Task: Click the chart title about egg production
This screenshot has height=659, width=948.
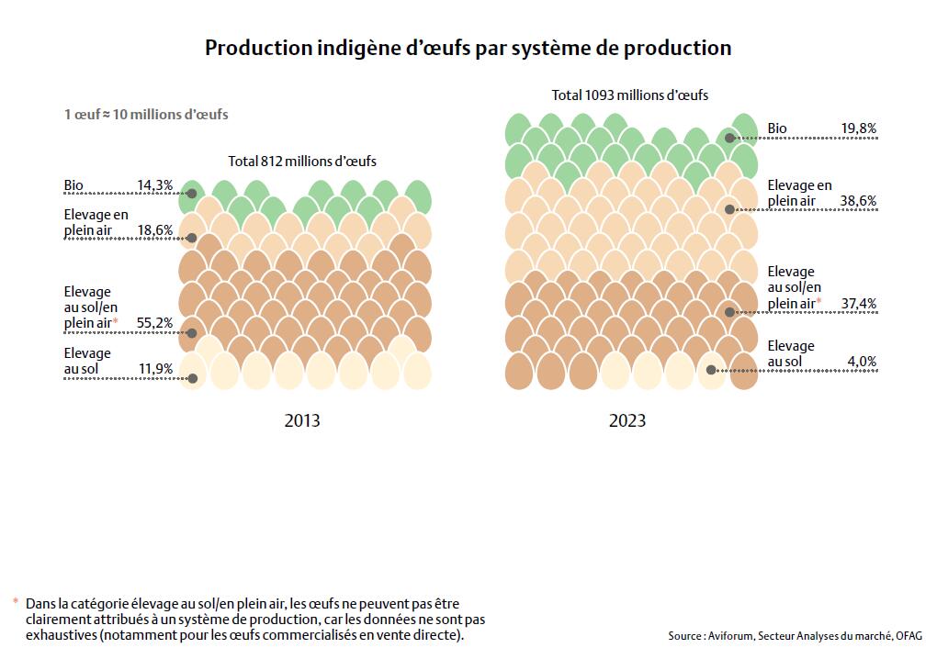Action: point(468,48)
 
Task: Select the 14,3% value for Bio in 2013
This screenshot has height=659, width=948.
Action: point(154,185)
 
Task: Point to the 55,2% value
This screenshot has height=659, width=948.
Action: point(154,323)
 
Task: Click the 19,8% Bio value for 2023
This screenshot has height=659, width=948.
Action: point(858,128)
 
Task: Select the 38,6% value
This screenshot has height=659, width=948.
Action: point(858,200)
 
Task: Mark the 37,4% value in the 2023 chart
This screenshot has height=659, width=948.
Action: point(858,303)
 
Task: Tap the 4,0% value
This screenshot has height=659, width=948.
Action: point(862,362)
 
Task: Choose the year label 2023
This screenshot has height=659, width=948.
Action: point(627,420)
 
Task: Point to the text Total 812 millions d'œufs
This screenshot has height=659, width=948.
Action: point(302,162)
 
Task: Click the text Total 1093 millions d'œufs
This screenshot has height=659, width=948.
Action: point(629,95)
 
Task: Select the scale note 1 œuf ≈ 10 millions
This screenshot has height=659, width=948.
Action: point(146,115)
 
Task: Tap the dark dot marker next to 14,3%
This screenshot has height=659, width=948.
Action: point(192,194)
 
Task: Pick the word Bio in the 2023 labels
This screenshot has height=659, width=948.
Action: point(777,128)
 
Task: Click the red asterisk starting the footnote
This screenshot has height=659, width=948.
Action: point(16,602)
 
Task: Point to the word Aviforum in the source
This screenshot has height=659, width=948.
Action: point(732,636)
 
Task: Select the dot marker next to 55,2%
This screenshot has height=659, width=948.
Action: point(192,332)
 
